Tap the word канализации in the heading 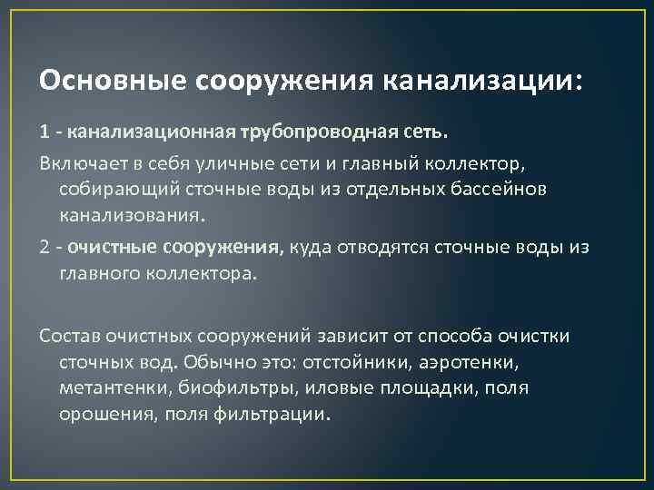[480, 81]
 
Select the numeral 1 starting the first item [44, 132]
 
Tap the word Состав [68, 336]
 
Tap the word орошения [99, 415]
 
